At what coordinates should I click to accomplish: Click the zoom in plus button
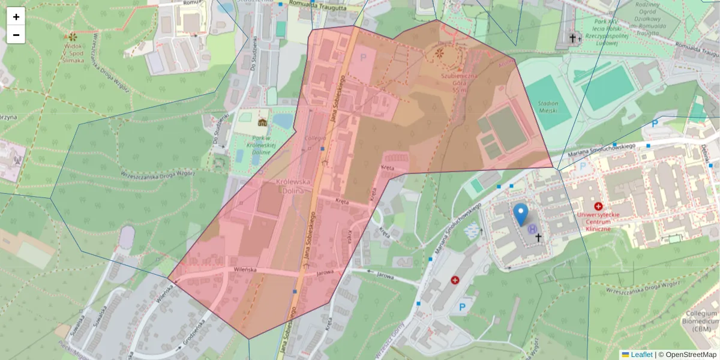[x=16, y=17]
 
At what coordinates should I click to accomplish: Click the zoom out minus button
[x=16, y=35]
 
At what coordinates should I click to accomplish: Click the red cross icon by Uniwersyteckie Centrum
[x=598, y=206]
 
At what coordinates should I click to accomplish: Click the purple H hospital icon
[x=532, y=229]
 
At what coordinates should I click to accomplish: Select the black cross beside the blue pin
[x=538, y=238]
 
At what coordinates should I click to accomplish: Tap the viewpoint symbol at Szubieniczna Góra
[x=440, y=54]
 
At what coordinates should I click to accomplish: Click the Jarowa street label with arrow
[x=385, y=275]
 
